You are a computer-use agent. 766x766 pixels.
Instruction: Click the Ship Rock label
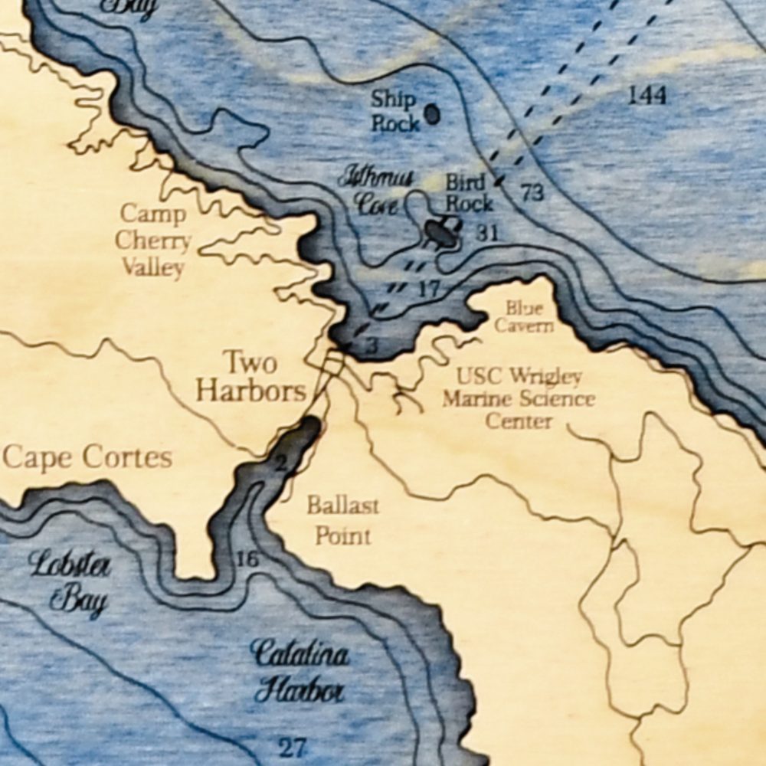[395, 111]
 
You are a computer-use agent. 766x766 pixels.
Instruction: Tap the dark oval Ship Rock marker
[432, 114]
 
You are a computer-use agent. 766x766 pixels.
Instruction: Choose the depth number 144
[647, 95]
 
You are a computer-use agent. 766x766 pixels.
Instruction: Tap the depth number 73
[532, 192]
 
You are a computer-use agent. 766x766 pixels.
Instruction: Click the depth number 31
[486, 233]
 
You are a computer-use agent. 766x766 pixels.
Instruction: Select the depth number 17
[429, 290]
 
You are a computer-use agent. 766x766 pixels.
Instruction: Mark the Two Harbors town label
[251, 376]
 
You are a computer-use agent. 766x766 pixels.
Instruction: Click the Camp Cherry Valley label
[153, 241]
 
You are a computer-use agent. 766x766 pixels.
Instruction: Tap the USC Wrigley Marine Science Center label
[519, 398]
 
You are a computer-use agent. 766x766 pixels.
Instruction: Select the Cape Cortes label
[87, 458]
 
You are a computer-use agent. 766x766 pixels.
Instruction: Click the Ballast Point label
[342, 520]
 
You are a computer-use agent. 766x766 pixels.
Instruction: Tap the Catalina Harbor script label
[300, 672]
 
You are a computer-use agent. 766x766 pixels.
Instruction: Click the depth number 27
[291, 747]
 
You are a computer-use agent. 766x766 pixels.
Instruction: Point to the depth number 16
[247, 560]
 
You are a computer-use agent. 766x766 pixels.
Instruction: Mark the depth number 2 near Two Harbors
[280, 462]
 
